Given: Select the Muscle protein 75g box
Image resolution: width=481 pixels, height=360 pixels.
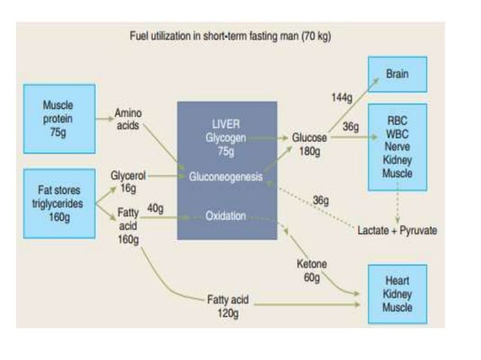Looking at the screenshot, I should click(x=59, y=117).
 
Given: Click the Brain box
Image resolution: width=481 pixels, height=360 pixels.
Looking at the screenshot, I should click(x=397, y=75).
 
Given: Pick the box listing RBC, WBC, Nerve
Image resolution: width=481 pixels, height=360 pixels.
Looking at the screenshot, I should click(x=397, y=147).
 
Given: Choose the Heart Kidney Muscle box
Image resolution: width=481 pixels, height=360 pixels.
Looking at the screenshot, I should click(x=397, y=294).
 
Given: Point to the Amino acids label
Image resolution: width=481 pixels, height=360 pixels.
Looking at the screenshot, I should click(x=127, y=119).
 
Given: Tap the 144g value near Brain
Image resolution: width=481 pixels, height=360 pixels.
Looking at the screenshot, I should click(x=342, y=98).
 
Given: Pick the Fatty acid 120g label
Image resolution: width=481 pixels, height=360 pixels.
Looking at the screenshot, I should click(x=227, y=306).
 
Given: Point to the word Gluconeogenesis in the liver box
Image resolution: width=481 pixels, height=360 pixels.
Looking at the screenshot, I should click(x=226, y=177).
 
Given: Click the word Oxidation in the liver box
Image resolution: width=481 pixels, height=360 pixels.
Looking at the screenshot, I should click(x=226, y=216).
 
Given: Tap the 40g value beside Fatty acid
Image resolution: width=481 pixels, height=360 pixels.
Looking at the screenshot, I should click(x=155, y=208).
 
